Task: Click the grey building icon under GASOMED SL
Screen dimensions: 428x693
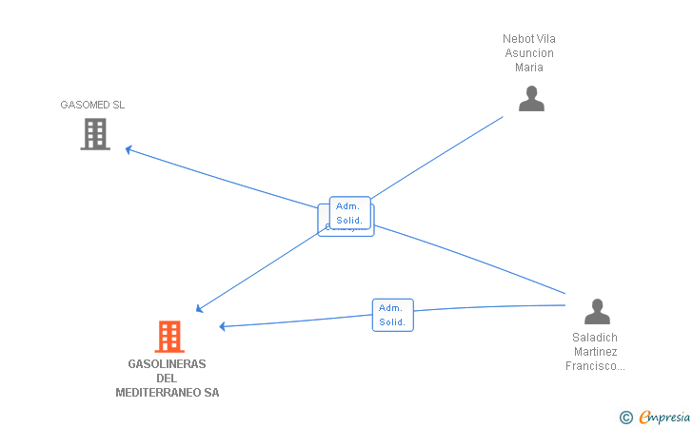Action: click(x=94, y=134)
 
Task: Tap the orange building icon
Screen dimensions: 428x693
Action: click(x=169, y=337)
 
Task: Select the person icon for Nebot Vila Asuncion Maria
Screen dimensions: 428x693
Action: click(x=531, y=99)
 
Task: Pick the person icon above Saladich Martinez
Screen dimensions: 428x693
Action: click(x=597, y=311)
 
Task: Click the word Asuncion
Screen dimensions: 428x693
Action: click(x=529, y=53)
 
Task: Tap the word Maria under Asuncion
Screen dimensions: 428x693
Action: click(x=529, y=68)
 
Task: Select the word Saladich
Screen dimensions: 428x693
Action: click(x=595, y=338)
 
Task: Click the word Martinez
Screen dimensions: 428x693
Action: click(x=595, y=352)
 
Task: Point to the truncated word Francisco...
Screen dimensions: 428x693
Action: click(x=595, y=366)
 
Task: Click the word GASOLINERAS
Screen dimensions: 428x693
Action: click(x=167, y=364)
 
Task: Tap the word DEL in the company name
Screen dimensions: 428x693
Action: click(x=167, y=379)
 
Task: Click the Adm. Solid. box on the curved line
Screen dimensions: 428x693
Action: click(x=392, y=315)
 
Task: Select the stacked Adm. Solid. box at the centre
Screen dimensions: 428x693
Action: click(x=349, y=213)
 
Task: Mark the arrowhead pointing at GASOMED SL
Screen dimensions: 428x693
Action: click(x=129, y=149)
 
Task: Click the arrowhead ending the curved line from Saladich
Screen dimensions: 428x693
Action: click(x=223, y=326)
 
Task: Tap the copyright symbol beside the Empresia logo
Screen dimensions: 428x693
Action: click(x=625, y=417)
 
